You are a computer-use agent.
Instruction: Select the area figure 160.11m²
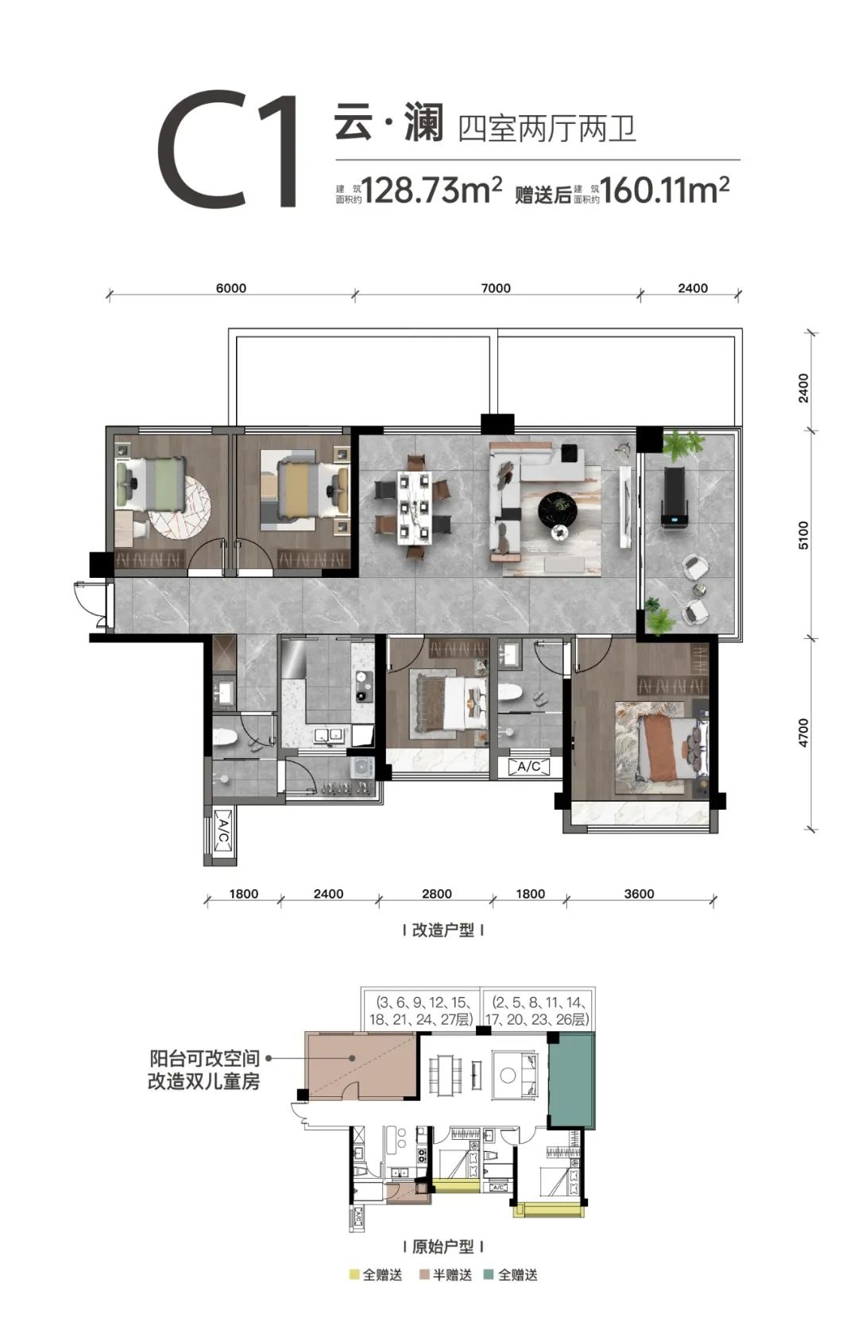664,191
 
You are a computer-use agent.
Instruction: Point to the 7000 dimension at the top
496,288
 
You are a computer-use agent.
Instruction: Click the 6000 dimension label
231,288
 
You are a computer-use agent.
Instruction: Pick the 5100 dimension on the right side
804,535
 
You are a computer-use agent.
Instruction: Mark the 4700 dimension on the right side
804,733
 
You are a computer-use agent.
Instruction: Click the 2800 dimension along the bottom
436,894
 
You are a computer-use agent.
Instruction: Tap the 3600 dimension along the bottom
639,894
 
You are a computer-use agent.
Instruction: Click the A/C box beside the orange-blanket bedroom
529,767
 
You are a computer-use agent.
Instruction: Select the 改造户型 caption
443,930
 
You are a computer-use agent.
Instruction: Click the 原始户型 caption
443,1247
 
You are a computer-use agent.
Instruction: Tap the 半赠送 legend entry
446,1276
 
